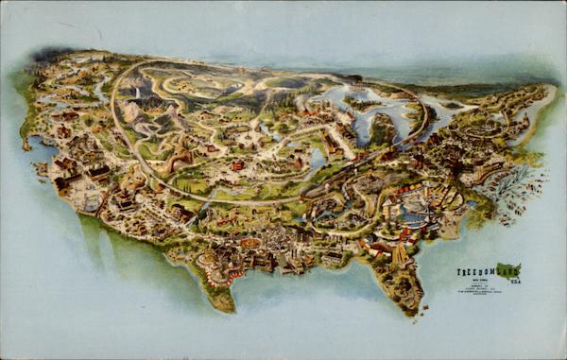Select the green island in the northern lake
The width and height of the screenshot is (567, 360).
tap(382, 128)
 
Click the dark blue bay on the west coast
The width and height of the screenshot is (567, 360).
tap(43, 146)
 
